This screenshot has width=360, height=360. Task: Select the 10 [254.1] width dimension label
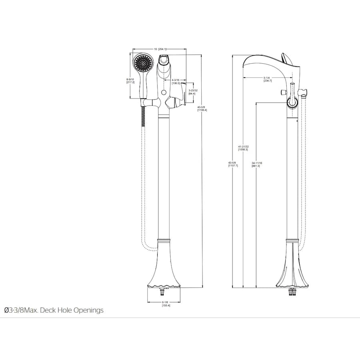160,49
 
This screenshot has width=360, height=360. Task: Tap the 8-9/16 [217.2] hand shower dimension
130,81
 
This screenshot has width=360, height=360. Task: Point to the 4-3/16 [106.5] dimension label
176,82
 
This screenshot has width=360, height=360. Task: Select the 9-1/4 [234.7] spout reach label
268,79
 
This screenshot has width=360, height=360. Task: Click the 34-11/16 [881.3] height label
256,164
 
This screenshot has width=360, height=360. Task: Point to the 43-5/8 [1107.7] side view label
233,164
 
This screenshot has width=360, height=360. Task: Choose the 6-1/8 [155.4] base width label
166,304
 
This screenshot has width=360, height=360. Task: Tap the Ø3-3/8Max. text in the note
20,310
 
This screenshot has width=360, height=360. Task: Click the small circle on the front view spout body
163,93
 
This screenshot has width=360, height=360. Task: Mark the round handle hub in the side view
292,103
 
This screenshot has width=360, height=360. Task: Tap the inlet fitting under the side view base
292,293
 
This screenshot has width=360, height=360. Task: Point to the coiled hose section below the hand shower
142,116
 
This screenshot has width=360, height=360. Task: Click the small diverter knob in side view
283,93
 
